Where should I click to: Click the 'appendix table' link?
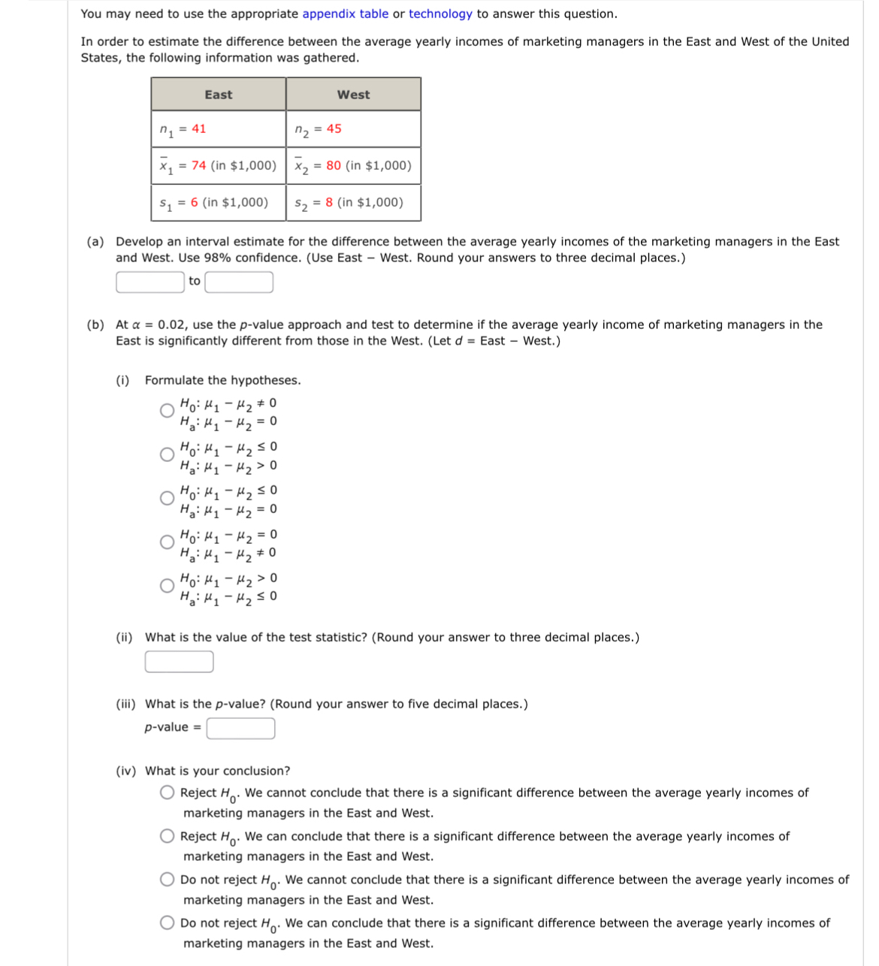(x=345, y=14)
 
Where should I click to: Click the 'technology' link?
(x=440, y=14)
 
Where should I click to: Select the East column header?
(x=218, y=95)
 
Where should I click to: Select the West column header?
(x=353, y=95)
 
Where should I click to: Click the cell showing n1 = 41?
(x=218, y=129)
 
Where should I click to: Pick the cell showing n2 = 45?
(x=353, y=129)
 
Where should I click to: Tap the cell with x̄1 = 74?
(x=218, y=166)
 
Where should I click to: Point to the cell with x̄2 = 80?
(x=353, y=166)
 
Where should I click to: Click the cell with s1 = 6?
(x=218, y=203)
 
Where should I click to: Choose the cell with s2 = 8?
(x=353, y=203)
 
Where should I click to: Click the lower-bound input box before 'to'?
(x=150, y=282)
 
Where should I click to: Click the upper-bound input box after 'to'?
(x=239, y=282)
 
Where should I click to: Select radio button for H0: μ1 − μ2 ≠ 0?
(x=167, y=411)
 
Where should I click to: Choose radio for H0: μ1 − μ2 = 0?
(x=167, y=542)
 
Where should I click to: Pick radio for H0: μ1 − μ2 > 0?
(x=167, y=586)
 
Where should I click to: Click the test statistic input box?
(x=179, y=662)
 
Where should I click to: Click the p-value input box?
(x=240, y=729)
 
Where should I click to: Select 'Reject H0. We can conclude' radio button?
(x=167, y=837)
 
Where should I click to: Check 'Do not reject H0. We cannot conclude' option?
(x=167, y=880)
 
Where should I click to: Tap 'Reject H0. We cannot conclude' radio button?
(x=167, y=793)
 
